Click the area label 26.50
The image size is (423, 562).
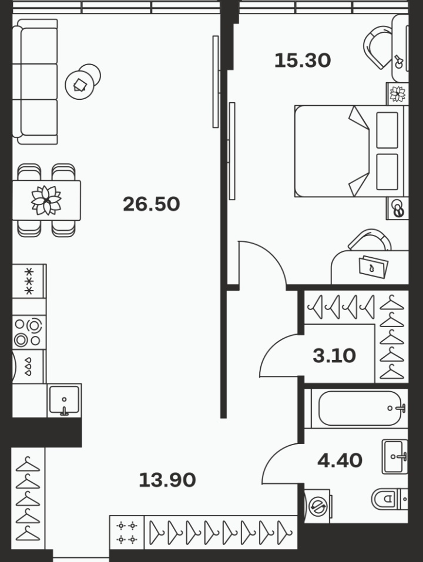151,204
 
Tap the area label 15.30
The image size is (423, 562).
303,60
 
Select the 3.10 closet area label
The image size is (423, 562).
334,356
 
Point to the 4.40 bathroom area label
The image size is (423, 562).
340,460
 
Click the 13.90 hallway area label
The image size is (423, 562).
167,480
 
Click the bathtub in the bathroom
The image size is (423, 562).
360,408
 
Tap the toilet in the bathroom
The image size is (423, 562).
390,499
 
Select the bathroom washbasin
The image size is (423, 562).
395,457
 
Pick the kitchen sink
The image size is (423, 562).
64,400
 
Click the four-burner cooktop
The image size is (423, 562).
29,332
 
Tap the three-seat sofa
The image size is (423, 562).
35,82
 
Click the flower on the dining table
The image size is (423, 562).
46,200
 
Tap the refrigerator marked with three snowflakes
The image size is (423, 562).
29,281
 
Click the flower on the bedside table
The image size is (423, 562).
398,93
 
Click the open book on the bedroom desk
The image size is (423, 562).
373,266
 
